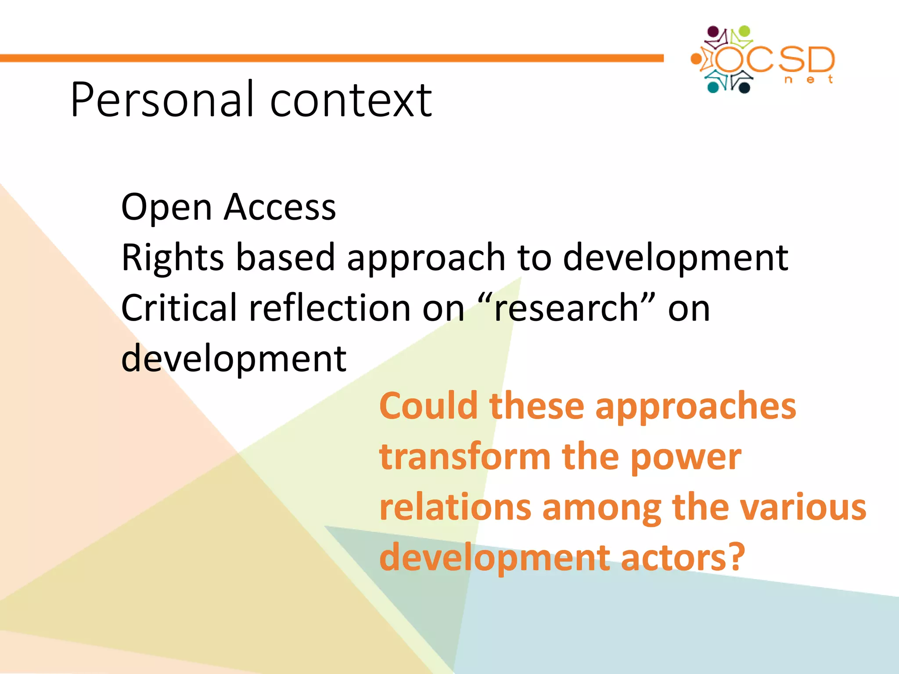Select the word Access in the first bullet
(x=280, y=207)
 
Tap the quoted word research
(x=566, y=308)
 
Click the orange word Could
(x=428, y=406)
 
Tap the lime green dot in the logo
(x=744, y=31)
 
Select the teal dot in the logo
(x=713, y=87)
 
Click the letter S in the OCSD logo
(x=792, y=60)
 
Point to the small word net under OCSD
(x=809, y=79)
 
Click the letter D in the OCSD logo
(x=821, y=60)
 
